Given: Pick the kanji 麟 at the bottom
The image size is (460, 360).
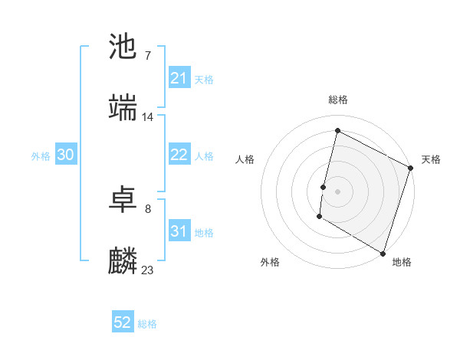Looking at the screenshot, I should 123,260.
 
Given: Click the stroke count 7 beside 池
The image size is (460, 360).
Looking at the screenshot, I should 147,56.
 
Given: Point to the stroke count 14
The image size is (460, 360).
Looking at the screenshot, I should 148,117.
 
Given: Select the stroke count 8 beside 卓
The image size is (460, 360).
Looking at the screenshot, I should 147,209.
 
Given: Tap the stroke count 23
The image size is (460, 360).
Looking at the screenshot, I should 148,270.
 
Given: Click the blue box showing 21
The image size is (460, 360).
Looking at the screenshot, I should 179,78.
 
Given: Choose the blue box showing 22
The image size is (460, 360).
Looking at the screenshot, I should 179,155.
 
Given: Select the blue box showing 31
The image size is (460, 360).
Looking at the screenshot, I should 179,231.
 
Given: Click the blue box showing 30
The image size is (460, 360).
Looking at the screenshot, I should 65,155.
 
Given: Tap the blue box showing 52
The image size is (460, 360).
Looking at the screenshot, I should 123,322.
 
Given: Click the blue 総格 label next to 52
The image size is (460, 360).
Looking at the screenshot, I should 148,324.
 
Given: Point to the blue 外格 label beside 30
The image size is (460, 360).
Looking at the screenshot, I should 41,156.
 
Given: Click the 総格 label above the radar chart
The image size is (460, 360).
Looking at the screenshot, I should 337,100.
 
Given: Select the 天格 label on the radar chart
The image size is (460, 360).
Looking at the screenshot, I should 431,159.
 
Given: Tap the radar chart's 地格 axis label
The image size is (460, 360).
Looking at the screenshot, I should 402,262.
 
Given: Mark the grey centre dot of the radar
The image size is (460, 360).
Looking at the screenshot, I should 337,191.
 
